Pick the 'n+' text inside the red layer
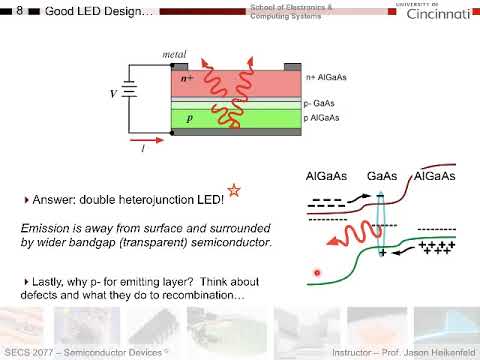[186, 78]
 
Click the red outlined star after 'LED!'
[234, 189]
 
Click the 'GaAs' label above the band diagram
[381, 176]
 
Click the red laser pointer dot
[317, 271]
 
